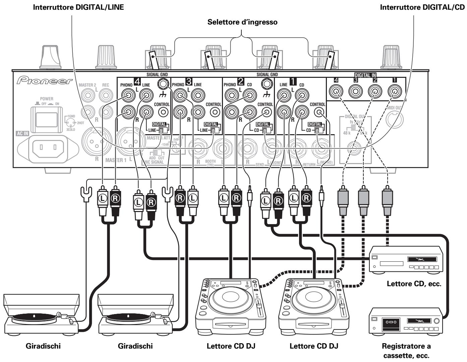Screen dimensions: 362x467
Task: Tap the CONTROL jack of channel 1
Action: (x=319, y=113)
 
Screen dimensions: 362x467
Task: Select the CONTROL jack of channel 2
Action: (x=267, y=113)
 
